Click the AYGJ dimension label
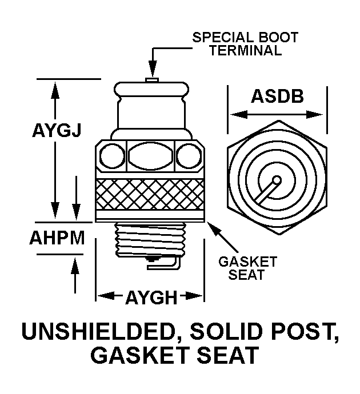coord(55,131)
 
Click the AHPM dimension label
coord(57,238)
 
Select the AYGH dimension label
coord(151,297)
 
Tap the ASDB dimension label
coord(277,96)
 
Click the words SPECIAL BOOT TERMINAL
coord(245,44)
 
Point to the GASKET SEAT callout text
coord(247,268)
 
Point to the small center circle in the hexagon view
coord(277,180)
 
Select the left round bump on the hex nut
coord(110,155)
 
